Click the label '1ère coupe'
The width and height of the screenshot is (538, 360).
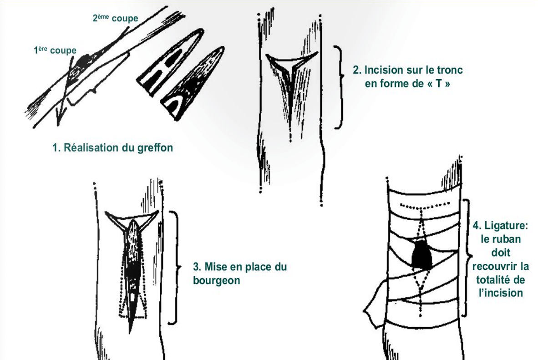coord(55,50)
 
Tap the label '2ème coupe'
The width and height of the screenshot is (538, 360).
coord(115,18)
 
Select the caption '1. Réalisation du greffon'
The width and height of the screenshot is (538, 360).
coord(112,148)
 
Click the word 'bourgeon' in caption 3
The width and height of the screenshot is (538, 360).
coord(217,281)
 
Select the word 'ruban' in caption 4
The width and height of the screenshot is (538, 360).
coord(501,239)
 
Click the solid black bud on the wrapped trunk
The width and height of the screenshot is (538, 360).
coord(421,254)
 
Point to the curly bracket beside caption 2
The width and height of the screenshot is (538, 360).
coord(339,87)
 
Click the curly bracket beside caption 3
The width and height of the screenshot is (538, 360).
coord(175,267)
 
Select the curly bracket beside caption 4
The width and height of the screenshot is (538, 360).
coord(467,258)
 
